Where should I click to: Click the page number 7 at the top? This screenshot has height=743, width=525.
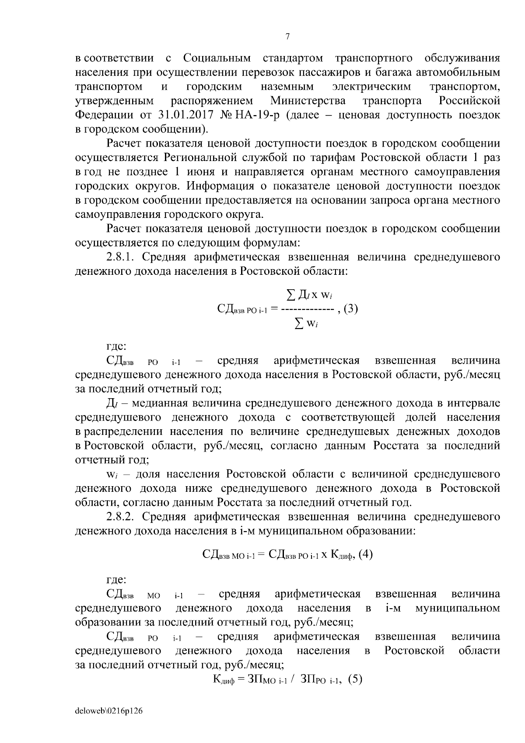coord(287,37)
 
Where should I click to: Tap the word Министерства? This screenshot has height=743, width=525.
coord(308,101)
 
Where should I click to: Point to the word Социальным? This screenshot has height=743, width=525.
coord(217,58)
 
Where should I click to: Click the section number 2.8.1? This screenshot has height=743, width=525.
coord(121,257)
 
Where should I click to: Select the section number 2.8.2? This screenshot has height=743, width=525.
coord(121,517)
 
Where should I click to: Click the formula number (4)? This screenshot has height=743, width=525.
coord(365,554)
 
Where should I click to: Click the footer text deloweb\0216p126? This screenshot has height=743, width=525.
coord(109,711)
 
